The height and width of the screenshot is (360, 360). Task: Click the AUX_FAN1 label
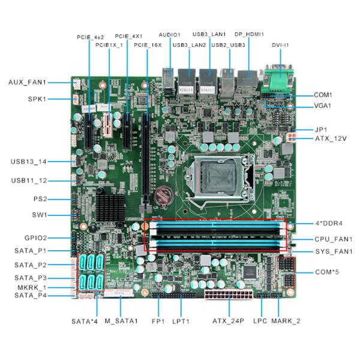tap(28, 82)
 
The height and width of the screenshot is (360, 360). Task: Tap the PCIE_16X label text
tap(148, 45)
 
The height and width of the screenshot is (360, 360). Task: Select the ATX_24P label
tap(228, 321)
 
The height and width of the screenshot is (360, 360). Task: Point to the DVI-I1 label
tap(280, 45)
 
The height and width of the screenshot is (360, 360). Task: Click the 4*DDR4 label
tap(329, 223)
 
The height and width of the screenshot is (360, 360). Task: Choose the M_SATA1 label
tap(121, 321)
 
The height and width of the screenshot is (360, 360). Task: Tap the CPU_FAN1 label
tap(334, 239)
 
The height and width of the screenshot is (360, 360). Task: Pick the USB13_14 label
tap(29, 161)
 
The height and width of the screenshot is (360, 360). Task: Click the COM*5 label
tap(327, 272)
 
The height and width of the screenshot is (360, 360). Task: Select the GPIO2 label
tap(35, 238)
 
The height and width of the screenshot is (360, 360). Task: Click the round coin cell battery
tap(163, 196)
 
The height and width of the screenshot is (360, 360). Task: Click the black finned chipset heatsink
tap(110, 208)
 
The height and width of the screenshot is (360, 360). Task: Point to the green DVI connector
tap(278, 79)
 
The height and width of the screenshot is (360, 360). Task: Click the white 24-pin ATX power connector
tap(229, 295)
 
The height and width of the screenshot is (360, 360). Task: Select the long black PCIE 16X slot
tap(146, 161)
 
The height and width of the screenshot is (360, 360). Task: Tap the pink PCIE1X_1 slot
tap(107, 125)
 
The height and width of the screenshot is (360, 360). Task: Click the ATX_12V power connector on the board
tap(291, 137)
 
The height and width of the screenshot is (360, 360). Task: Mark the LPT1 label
tap(181, 321)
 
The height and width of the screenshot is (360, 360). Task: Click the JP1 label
tap(321, 130)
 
